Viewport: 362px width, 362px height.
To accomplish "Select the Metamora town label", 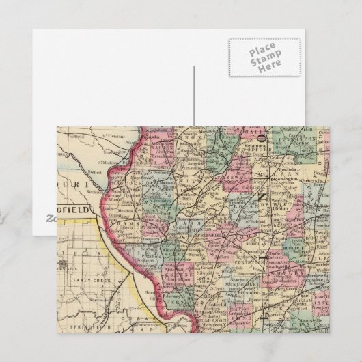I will coord(253,145).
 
